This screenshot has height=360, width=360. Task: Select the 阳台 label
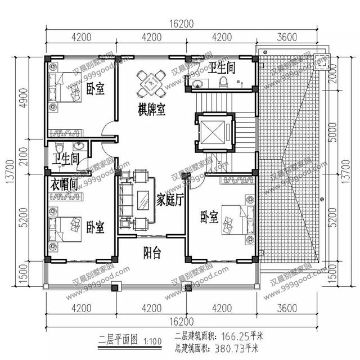tap(152, 253)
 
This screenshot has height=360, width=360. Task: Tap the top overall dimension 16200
tap(180, 24)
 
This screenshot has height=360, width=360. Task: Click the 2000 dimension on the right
tap(333, 72)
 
